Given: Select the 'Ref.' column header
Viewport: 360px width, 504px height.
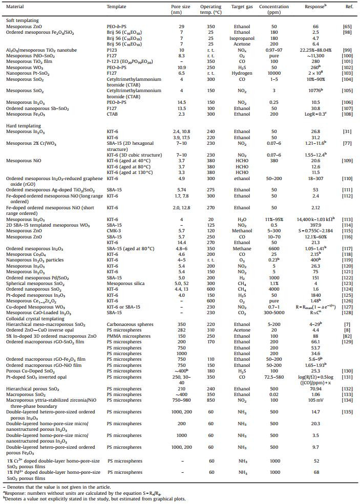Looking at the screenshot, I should click(346, 7).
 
